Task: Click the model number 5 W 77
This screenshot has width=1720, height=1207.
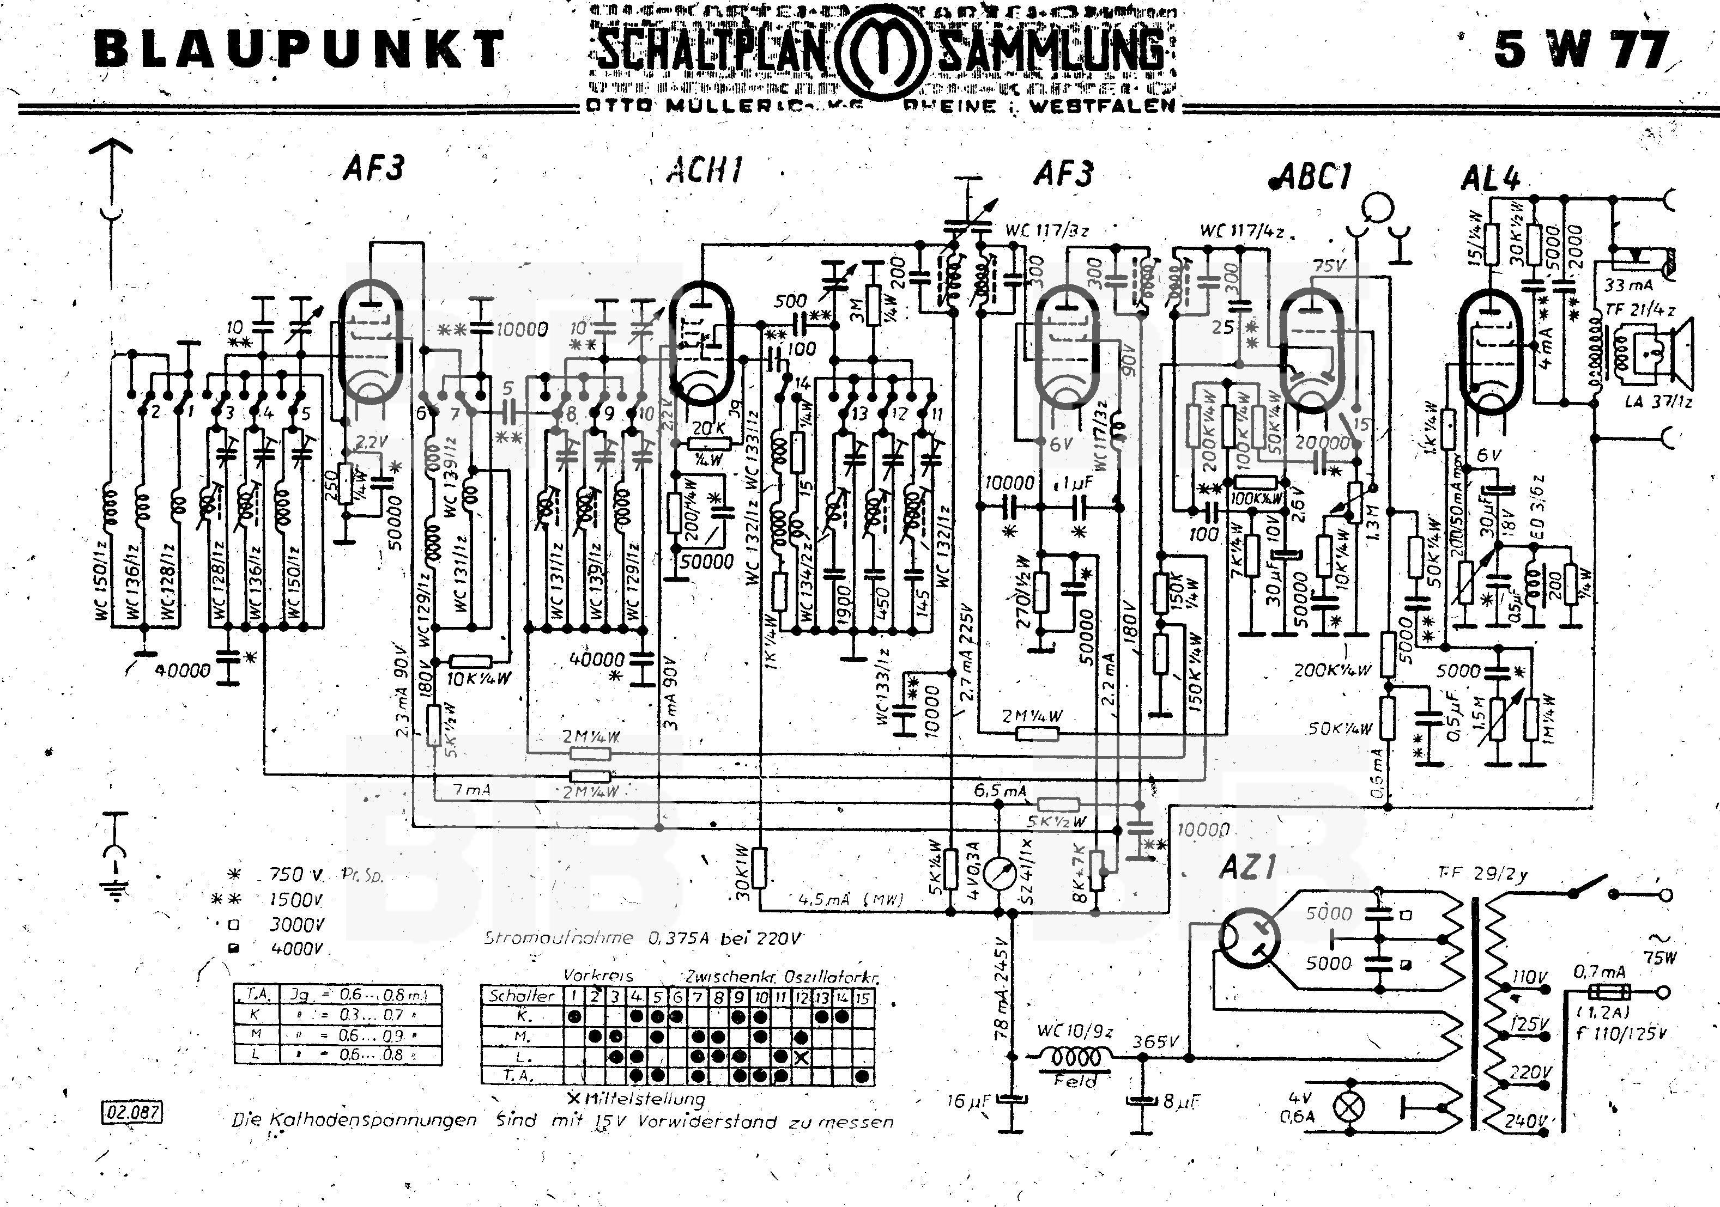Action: pos(1580,50)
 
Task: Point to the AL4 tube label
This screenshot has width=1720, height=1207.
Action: pos(1490,178)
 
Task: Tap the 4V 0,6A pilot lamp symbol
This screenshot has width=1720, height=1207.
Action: pos(1350,1108)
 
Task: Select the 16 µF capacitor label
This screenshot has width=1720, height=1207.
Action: pos(968,1101)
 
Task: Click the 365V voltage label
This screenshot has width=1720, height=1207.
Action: pos(1155,1041)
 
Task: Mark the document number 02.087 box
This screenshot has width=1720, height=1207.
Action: pos(132,1112)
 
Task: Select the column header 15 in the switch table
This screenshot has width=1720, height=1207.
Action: pos(863,997)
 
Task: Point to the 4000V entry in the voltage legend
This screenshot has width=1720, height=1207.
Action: pos(295,949)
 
